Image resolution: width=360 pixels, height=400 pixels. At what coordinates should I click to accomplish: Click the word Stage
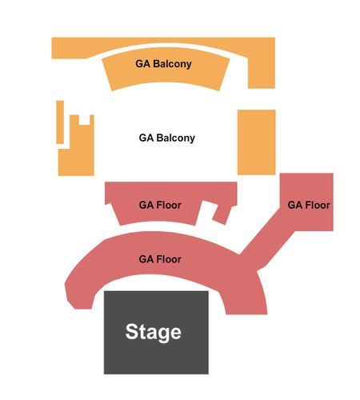click(x=154, y=332)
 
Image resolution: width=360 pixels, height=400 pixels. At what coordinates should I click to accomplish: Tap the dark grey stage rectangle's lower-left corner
click(x=104, y=374)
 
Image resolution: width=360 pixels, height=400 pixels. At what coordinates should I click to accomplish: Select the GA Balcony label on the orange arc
click(x=163, y=64)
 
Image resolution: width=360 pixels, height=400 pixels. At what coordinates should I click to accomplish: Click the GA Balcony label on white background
click(x=167, y=138)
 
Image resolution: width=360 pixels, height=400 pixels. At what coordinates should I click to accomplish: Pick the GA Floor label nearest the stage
click(x=160, y=259)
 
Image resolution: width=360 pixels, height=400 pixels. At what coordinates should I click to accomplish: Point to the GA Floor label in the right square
click(x=309, y=205)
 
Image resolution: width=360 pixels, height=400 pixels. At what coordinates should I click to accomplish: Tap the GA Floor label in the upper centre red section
click(x=160, y=205)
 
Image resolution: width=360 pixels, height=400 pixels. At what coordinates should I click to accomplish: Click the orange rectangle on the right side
click(x=257, y=142)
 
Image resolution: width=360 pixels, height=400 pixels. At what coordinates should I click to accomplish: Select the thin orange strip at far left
click(x=60, y=122)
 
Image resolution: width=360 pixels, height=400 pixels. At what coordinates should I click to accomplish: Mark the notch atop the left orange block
click(x=84, y=120)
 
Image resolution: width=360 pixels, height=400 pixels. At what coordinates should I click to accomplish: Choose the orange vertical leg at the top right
click(x=262, y=70)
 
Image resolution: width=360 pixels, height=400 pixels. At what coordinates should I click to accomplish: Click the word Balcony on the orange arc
click(x=172, y=64)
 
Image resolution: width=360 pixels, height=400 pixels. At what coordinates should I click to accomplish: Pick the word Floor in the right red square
click(x=318, y=205)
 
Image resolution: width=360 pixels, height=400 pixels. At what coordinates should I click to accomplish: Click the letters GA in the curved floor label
click(x=146, y=259)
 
